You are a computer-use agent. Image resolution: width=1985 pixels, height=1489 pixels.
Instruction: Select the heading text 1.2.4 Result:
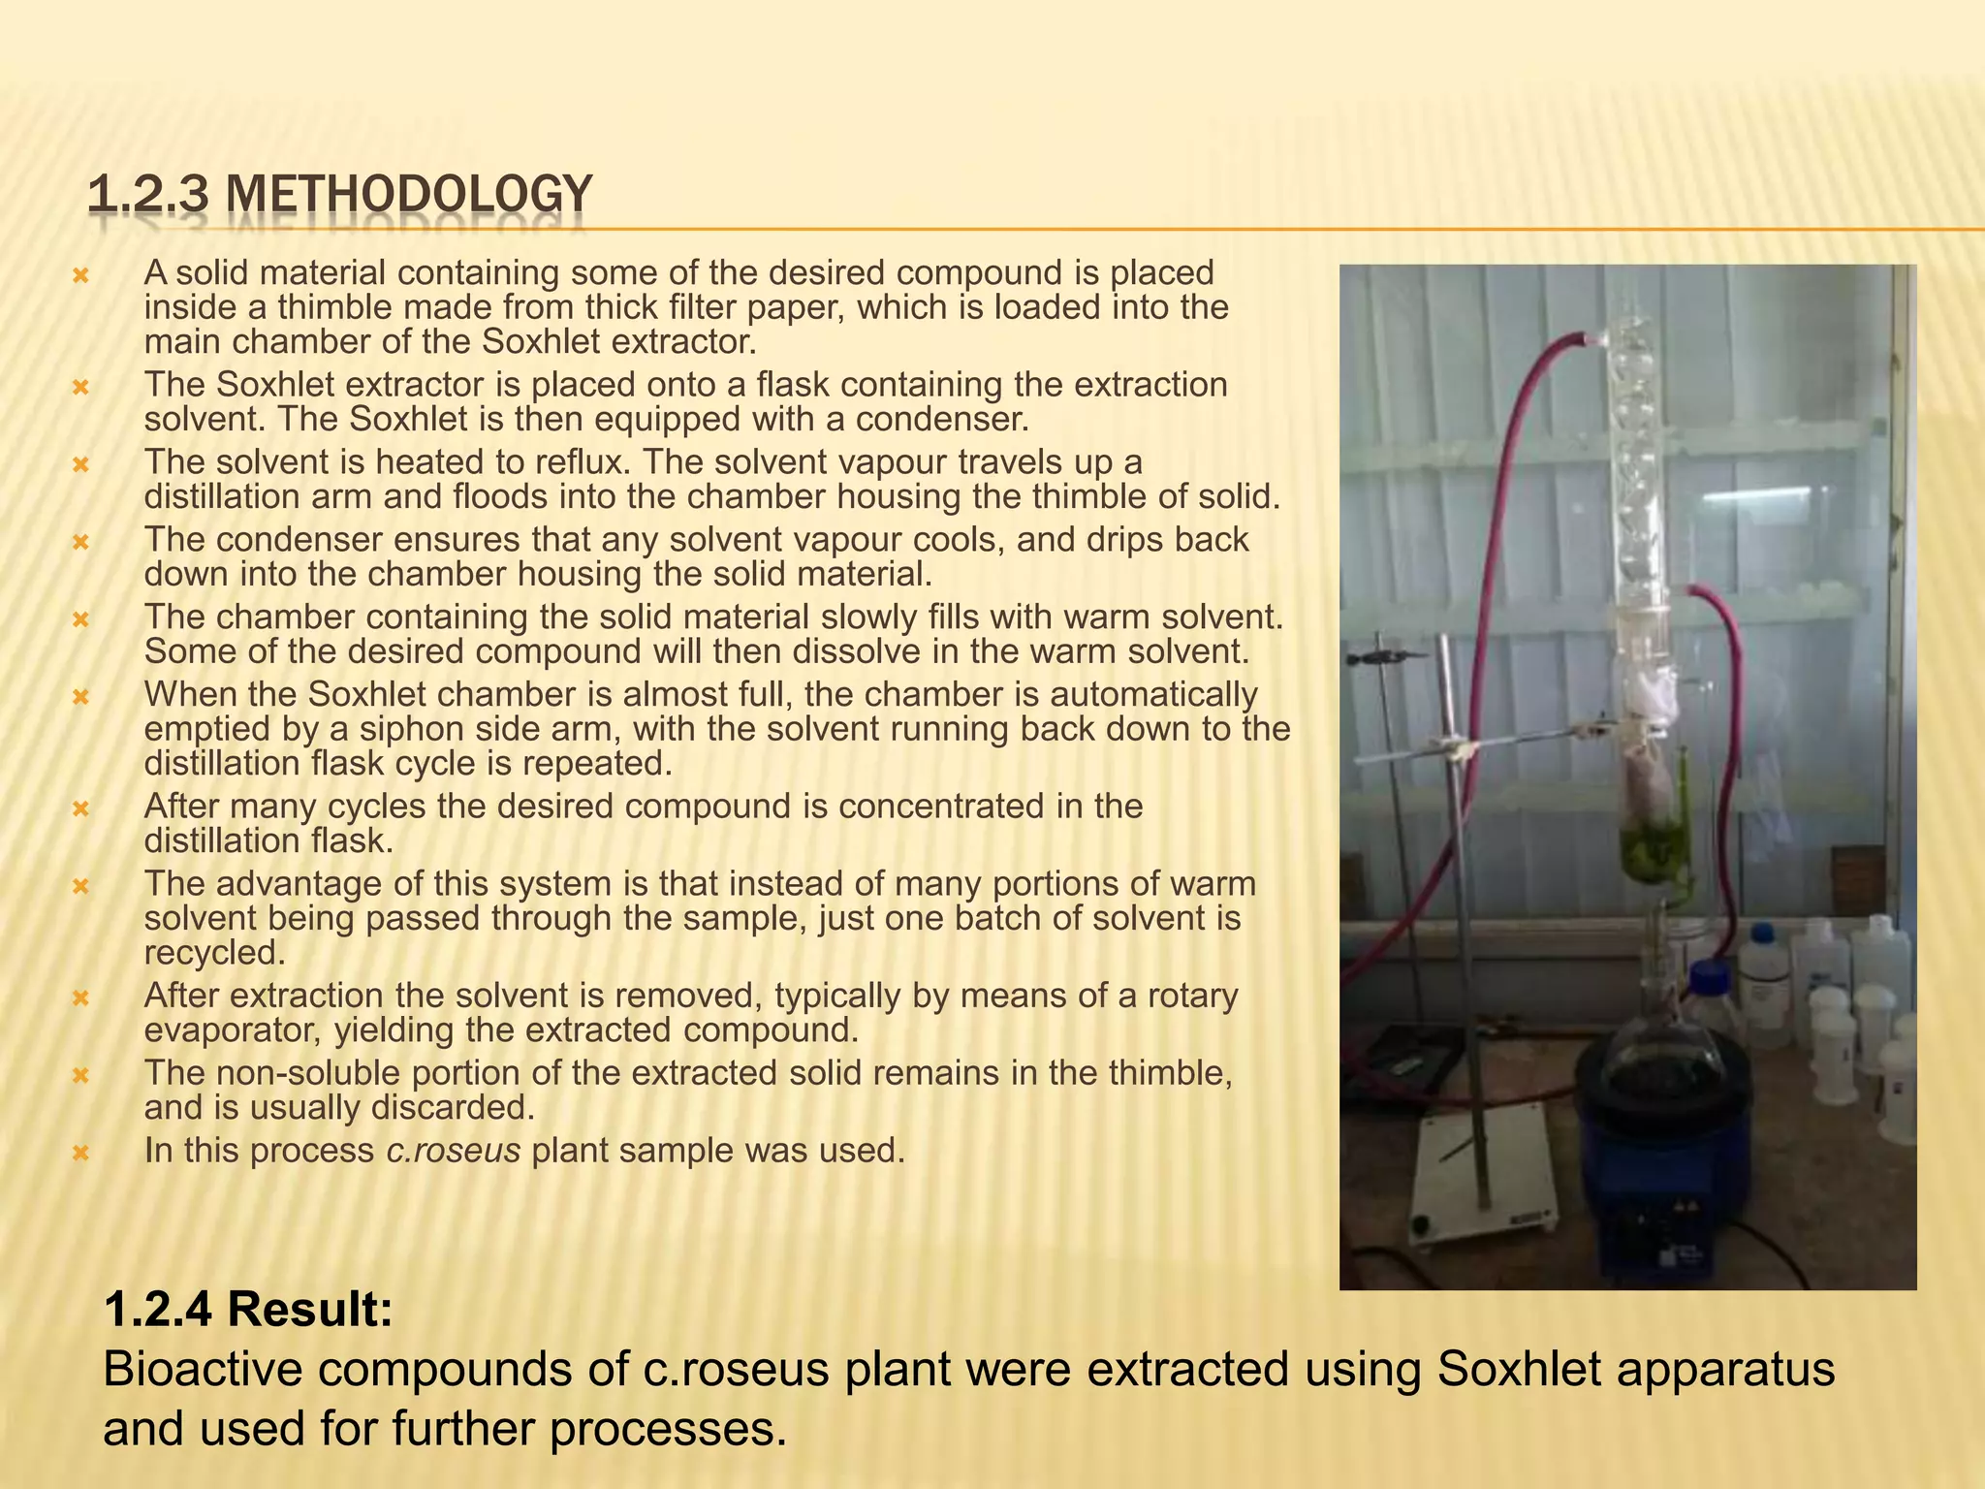247,1309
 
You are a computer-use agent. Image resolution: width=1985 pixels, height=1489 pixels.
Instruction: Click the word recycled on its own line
214,953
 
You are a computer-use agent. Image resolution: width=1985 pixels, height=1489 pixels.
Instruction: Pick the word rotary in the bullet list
1192,996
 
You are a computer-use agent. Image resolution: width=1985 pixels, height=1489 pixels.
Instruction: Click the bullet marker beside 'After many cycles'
81,808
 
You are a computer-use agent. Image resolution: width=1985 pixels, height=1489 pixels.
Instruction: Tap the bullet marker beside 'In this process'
81,1153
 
